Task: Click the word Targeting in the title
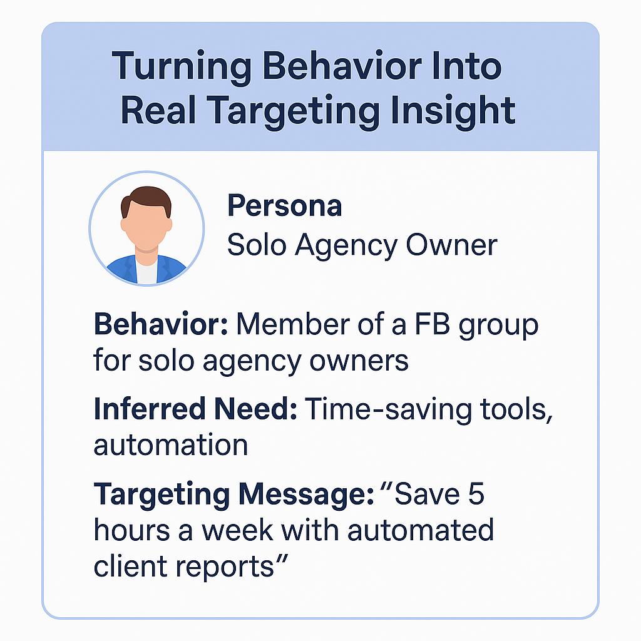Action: [294, 110]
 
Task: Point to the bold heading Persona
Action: [284, 205]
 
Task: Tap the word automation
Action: [170, 445]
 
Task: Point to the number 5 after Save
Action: [473, 494]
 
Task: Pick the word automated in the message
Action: [420, 531]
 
